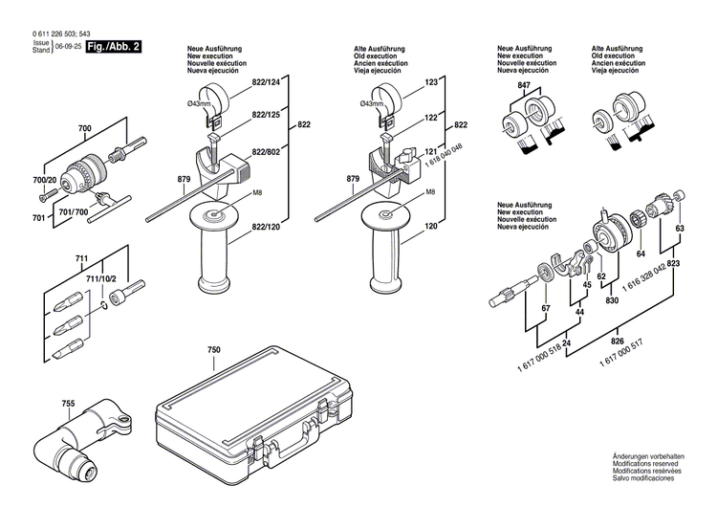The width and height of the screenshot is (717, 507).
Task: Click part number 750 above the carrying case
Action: point(213,351)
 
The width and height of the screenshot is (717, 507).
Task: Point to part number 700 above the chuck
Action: point(84,128)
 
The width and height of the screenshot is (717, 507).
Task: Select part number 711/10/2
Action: point(100,277)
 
